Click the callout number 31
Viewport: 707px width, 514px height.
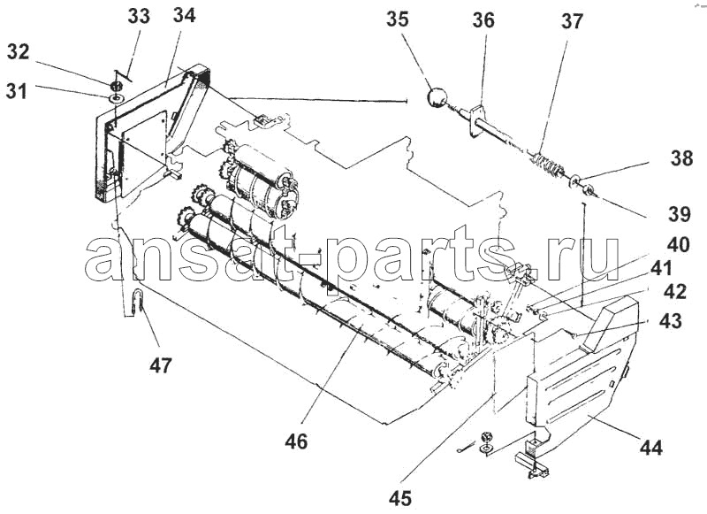click(x=17, y=91)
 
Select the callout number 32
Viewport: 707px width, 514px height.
click(x=18, y=52)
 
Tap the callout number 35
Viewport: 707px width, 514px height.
click(x=397, y=19)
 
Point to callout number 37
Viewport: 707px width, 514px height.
click(x=572, y=21)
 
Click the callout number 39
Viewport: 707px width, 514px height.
click(x=679, y=214)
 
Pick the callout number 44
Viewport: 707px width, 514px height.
click(x=651, y=448)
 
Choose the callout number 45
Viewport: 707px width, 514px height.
click(x=400, y=498)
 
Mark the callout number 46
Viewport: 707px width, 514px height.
click(x=296, y=441)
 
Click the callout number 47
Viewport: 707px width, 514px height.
click(x=161, y=365)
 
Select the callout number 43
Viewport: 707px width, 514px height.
click(x=671, y=321)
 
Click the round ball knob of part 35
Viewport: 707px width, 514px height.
click(x=437, y=97)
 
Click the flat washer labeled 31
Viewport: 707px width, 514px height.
click(x=116, y=98)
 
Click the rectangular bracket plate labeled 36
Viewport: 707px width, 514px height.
click(x=475, y=120)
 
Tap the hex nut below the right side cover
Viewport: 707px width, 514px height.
click(x=486, y=436)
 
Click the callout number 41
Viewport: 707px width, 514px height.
click(x=661, y=269)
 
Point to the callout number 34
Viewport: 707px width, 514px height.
click(x=185, y=15)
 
